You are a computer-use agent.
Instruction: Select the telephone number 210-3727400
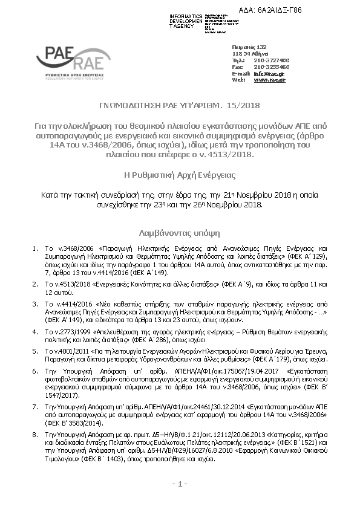click(x=272, y=60)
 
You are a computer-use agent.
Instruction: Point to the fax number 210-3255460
click(x=272, y=66)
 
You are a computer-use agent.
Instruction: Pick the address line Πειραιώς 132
click(x=249, y=47)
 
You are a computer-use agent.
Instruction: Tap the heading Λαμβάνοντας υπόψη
click(x=179, y=232)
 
